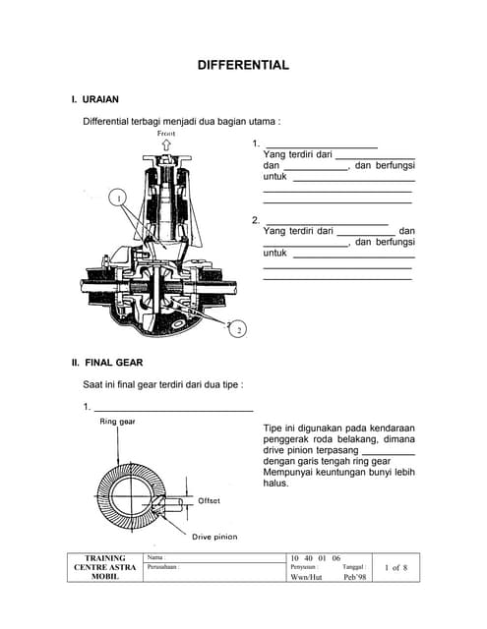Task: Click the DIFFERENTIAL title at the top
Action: click(243, 66)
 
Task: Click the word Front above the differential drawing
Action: click(166, 132)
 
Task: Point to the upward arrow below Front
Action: click(166, 144)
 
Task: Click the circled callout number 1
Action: click(119, 197)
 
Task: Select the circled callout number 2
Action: click(238, 330)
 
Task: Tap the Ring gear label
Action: click(117, 422)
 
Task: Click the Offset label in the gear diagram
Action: click(209, 500)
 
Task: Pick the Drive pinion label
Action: click(214, 537)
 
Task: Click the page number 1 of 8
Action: click(395, 567)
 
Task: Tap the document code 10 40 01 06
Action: click(315, 557)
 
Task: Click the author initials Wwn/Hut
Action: click(306, 578)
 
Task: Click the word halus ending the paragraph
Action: click(274, 484)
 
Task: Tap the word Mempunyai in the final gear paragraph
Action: click(291, 470)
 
